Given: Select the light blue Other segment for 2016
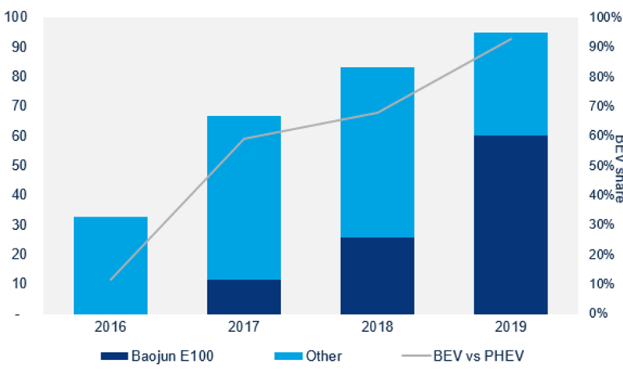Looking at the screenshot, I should click(x=110, y=265).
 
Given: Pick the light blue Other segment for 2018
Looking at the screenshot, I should click(x=377, y=152).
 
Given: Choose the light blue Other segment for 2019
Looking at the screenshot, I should click(x=510, y=83).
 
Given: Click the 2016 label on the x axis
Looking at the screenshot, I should click(x=110, y=327).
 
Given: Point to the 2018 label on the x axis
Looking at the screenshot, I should click(x=377, y=327).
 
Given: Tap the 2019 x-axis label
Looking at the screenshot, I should click(x=510, y=327).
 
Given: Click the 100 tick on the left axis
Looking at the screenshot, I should click(x=16, y=17).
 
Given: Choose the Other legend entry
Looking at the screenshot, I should click(x=308, y=356).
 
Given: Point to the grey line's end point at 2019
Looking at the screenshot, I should click(x=511, y=38).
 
